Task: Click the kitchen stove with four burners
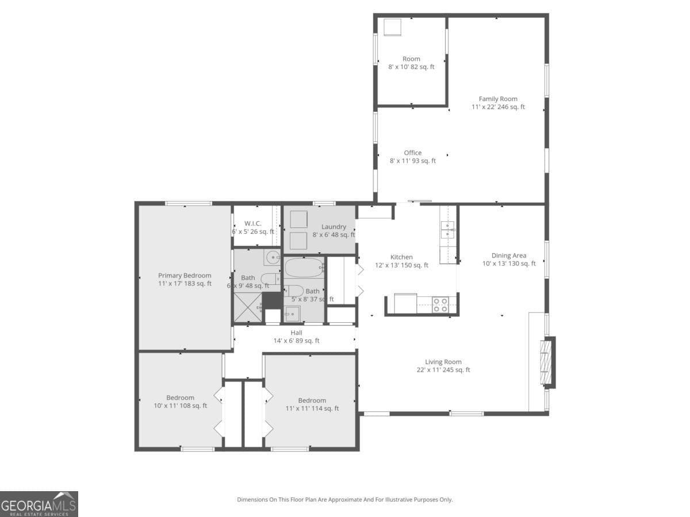[x=440, y=304]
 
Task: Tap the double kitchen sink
[x=447, y=229]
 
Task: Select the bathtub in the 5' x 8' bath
[x=305, y=267]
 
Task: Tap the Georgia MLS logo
[x=39, y=504]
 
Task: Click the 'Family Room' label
[x=498, y=99]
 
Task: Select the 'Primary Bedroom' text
[x=185, y=275]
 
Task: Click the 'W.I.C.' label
[x=253, y=223]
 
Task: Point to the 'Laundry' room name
[x=333, y=226]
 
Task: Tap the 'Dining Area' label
[x=509, y=256]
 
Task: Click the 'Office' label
[x=412, y=152]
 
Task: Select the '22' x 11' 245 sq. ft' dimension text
[x=443, y=370]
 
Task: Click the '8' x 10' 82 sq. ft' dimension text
[x=411, y=67]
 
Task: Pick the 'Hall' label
[x=296, y=332]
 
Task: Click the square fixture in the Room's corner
[x=392, y=27]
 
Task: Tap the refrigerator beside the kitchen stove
[x=405, y=303]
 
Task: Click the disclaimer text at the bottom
[x=345, y=500]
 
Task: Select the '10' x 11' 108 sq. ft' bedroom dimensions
[x=180, y=406]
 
